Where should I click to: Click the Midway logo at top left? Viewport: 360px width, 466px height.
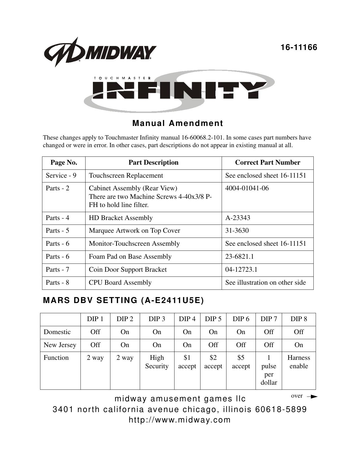click(x=99, y=52)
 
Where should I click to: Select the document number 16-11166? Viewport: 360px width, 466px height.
click(x=299, y=47)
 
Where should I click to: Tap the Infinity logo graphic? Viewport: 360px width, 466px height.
click(x=179, y=91)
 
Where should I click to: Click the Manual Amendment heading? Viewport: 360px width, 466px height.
click(x=178, y=123)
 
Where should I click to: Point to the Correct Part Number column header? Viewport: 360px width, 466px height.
click(x=267, y=162)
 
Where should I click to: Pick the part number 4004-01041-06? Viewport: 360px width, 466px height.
click(x=247, y=188)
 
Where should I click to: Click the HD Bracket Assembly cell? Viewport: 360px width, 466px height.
click(x=121, y=218)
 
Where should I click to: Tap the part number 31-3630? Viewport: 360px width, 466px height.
click(x=237, y=230)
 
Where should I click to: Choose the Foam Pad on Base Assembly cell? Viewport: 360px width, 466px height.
click(x=130, y=256)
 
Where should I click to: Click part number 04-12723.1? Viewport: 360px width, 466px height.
click(x=241, y=269)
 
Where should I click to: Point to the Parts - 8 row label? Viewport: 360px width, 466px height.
click(x=57, y=282)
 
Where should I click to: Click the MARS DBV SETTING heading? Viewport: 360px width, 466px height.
click(x=123, y=300)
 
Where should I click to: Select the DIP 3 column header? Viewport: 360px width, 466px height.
click(x=157, y=319)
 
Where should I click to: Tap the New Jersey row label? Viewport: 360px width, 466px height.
click(x=60, y=345)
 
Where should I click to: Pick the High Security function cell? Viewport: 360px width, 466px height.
click(x=157, y=362)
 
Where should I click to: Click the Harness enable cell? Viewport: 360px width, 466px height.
click(x=298, y=362)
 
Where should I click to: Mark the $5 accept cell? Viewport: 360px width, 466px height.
click(x=241, y=362)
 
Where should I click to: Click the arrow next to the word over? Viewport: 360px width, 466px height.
click(x=312, y=397)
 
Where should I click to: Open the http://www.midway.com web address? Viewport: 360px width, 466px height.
click(x=180, y=420)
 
